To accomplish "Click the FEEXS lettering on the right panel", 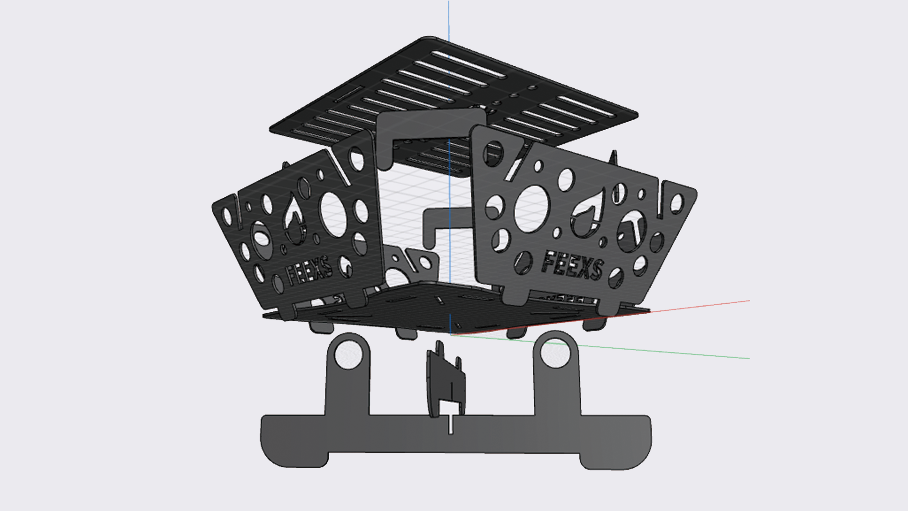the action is pyautogui.click(x=572, y=266).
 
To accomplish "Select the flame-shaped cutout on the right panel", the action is pyautogui.click(x=586, y=213).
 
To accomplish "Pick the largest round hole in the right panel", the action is pyautogui.click(x=532, y=208).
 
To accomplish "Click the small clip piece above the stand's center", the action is pyautogui.click(x=445, y=379).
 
